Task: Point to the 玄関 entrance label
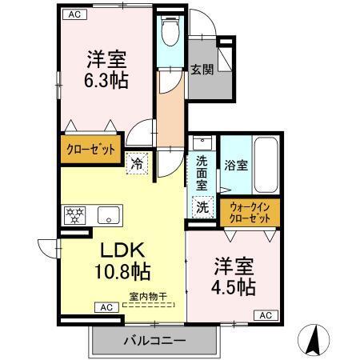coord(201,70)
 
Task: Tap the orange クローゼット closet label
coord(90,149)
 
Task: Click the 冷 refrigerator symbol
coord(138,162)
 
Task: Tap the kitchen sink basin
coord(109,214)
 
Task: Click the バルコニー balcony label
coord(154,340)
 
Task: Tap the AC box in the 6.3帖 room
coord(74,14)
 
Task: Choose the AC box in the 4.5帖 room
coord(266,316)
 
